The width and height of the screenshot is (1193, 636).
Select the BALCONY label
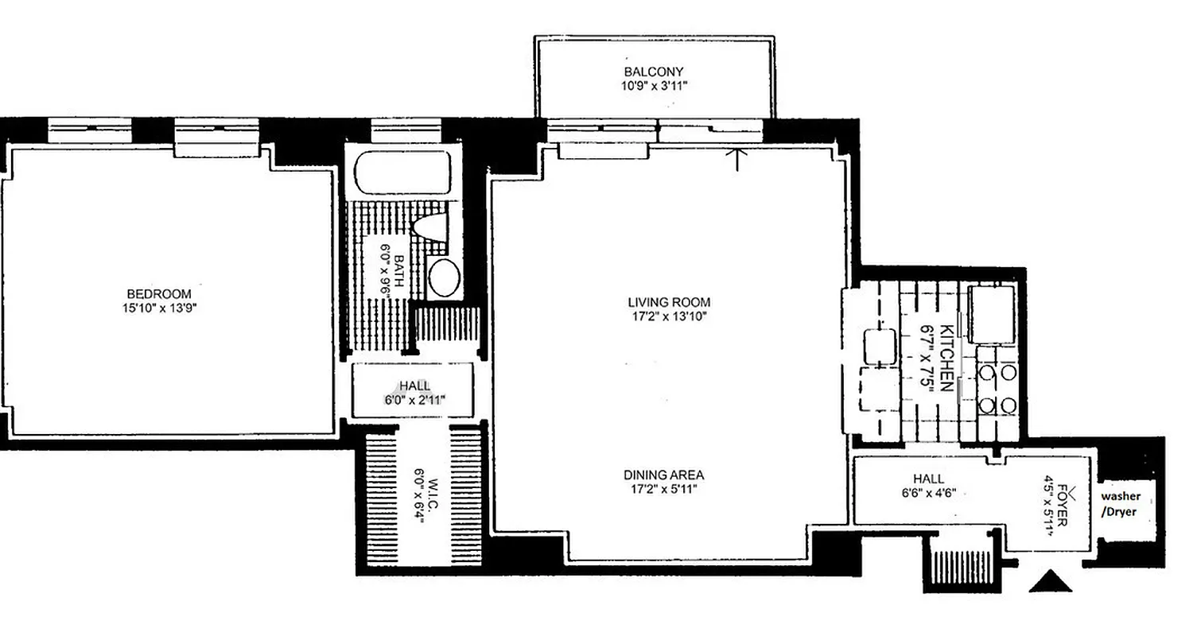pyautogui.click(x=653, y=72)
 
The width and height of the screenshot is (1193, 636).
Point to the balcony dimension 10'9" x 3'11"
pyautogui.click(x=653, y=85)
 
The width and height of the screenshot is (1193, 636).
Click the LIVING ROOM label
pyautogui.click(x=668, y=302)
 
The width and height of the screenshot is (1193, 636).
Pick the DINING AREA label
pyautogui.click(x=663, y=475)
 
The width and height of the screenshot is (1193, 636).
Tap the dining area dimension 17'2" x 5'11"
pyautogui.click(x=663, y=489)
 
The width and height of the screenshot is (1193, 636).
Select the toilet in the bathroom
pyautogui.click(x=430, y=226)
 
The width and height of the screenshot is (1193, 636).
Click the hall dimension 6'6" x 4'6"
pyautogui.click(x=928, y=493)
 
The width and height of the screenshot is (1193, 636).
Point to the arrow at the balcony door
pyautogui.click(x=739, y=158)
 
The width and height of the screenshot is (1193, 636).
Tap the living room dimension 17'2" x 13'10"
pyautogui.click(x=668, y=316)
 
